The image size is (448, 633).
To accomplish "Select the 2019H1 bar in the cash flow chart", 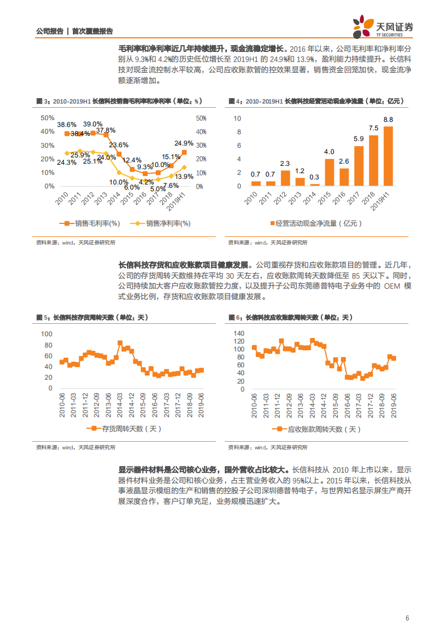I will coord(388,156).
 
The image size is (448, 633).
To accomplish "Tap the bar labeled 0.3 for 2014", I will coord(315,184).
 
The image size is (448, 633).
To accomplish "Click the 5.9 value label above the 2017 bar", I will coord(359,139).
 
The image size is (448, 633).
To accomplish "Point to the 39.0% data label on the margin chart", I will coord(93,124).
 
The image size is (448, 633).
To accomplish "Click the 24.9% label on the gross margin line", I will coord(184,143).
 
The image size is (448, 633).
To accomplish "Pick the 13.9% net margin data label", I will coord(184,177).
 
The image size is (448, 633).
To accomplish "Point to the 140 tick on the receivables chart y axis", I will coord(238,333).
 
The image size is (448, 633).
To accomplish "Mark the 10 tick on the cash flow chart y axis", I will coord(237,118).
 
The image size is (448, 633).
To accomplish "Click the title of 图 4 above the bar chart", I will coord(316,101).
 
